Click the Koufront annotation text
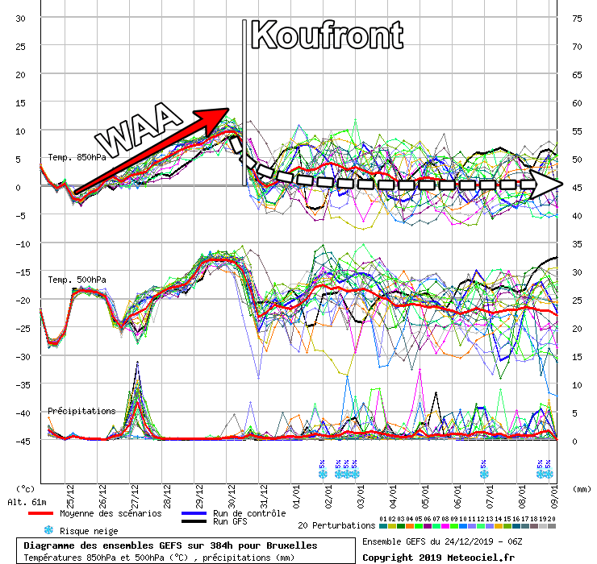click(327, 35)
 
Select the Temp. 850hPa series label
click(77, 157)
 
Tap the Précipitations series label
click(81, 411)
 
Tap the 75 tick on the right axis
click(577, 18)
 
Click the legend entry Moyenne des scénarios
click(106, 513)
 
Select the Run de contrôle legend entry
click(248, 513)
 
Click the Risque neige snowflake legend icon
click(48, 530)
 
